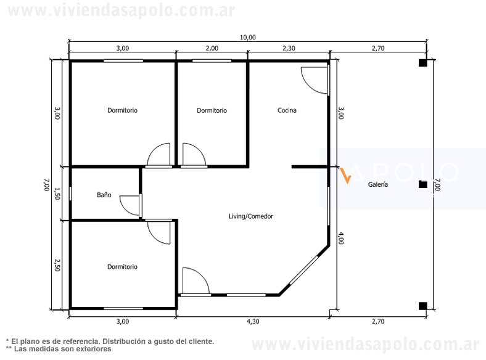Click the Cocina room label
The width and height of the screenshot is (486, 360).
click(287, 110)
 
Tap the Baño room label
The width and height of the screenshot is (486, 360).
click(104, 195)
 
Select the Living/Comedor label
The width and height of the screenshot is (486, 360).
click(251, 216)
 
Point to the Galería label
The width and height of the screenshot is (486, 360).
click(378, 184)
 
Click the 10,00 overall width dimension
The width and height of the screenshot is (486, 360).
click(248, 38)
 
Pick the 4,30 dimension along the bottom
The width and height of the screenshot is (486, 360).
click(253, 322)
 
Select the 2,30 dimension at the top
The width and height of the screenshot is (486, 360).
click(289, 48)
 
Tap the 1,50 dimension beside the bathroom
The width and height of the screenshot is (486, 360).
click(57, 194)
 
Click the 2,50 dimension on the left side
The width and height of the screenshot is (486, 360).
click(57, 265)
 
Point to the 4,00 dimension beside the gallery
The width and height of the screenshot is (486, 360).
click(340, 238)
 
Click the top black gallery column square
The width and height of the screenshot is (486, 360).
click(422, 63)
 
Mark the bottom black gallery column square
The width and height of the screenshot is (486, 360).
click(422, 306)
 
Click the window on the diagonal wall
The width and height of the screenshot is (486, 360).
click(303, 270)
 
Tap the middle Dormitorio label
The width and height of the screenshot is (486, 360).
click(212, 110)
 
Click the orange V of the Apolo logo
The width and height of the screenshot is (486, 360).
click(346, 176)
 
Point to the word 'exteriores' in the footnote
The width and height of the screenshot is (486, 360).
click(94, 349)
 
